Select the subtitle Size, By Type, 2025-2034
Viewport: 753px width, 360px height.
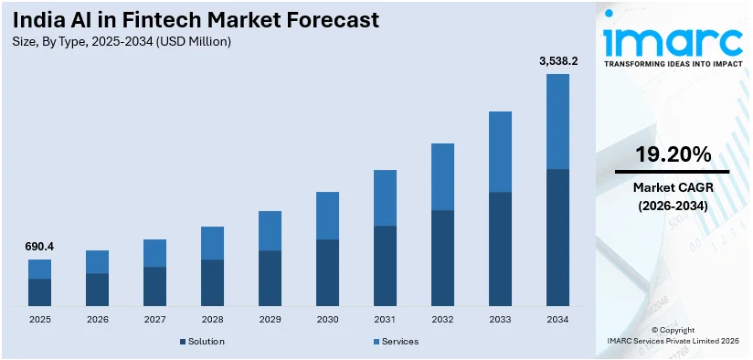119,41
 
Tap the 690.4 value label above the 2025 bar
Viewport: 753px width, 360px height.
39,247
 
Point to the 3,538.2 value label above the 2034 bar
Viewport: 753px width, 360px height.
557,61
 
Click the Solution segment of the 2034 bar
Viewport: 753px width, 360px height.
557,238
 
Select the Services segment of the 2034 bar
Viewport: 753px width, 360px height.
557,122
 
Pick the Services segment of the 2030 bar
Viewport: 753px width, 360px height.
327,216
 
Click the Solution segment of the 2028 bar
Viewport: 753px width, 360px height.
212,282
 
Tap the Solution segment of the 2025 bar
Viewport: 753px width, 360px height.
39,291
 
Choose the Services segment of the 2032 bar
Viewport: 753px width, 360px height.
442,176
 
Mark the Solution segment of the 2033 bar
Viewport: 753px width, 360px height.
500,249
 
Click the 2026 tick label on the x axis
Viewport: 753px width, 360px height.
97,320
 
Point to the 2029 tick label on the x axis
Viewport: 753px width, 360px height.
270,320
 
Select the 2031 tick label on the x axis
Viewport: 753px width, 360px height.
385,320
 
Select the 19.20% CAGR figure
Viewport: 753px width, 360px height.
672,153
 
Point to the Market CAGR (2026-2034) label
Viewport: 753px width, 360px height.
672,196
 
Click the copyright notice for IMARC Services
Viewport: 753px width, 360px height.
672,335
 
